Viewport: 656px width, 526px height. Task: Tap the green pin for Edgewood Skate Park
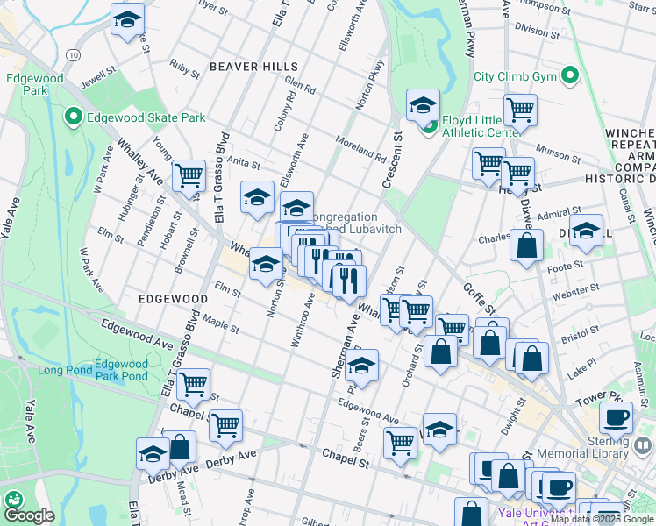73,117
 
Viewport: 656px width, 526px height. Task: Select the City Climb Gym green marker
572,76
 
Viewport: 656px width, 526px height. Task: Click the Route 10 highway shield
73,54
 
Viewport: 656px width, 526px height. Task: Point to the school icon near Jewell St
128,21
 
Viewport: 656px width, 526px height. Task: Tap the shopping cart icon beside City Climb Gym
520,110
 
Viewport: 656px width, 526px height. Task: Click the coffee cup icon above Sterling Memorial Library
616,418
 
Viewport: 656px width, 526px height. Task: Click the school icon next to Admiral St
586,231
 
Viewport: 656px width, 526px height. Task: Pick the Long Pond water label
60,370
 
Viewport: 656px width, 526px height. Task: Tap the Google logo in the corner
29,515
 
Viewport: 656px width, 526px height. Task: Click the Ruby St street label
185,68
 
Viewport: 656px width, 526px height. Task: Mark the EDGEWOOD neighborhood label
173,299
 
